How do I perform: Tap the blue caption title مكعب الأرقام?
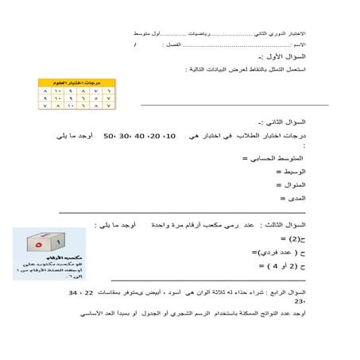(49, 259)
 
